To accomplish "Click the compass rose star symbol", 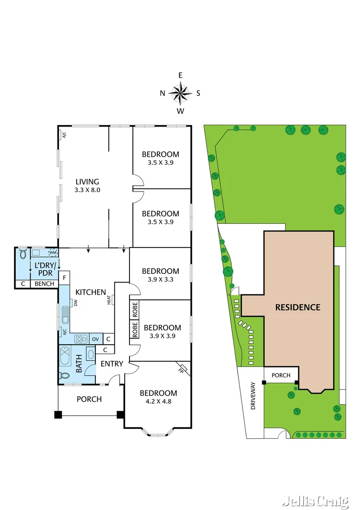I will tap(180, 93).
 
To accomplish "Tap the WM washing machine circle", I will tap(52, 253).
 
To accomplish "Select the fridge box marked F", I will tap(64, 277).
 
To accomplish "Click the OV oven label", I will tap(95, 339).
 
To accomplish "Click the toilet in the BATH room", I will tap(64, 376).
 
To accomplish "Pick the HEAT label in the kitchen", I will tap(109, 299).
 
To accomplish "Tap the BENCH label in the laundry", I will tap(43, 284).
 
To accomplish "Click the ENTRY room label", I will tap(112, 364).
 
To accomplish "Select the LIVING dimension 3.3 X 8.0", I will tap(87, 190).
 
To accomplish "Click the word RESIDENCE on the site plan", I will tap(298, 307).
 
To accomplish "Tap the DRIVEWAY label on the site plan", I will tap(253, 395).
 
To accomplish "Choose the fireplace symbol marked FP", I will tap(182, 367).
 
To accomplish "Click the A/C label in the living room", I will tap(63, 135).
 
